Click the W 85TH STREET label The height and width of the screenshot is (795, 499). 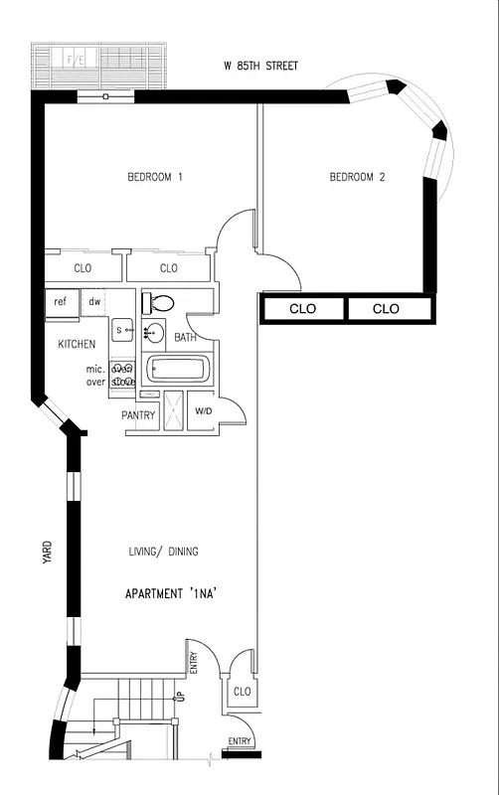point(260,67)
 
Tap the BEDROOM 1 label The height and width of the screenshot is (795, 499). point(155,178)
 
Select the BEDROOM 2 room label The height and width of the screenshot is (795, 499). point(357,178)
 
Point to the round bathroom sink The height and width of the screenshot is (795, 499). point(155,333)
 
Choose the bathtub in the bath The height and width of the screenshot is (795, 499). point(177,372)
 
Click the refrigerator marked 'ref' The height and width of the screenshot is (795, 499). point(61,302)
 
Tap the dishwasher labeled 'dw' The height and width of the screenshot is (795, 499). point(94,302)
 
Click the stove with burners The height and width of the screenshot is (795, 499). point(122,374)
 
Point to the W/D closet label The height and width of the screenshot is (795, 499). point(203,411)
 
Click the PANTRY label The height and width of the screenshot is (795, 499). point(138,415)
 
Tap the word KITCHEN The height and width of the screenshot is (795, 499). point(77,345)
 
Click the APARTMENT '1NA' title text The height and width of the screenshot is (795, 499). point(171,594)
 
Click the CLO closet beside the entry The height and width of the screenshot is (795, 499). point(241,691)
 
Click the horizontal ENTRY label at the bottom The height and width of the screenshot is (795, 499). point(240,741)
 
